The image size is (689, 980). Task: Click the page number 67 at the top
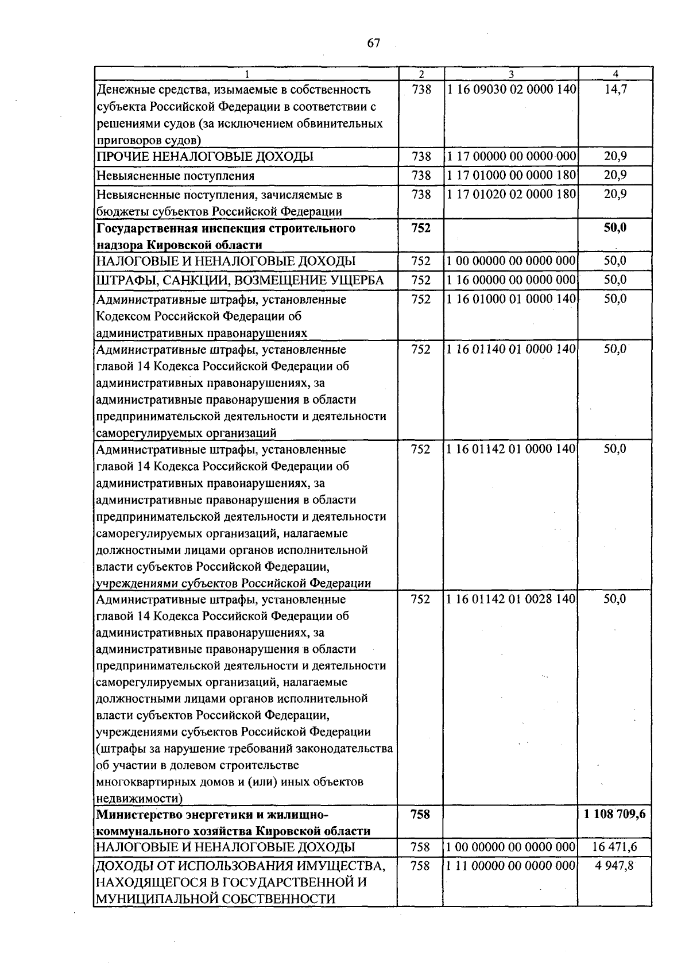[x=373, y=44]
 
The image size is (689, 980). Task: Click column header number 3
[x=511, y=74]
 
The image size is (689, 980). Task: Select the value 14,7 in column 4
[x=615, y=90]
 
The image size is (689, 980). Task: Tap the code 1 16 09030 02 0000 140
[x=511, y=90]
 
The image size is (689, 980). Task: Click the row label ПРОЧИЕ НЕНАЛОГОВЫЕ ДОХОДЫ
[x=205, y=157]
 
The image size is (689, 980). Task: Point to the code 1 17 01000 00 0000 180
[x=511, y=175]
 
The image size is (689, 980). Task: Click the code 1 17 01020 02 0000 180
[x=511, y=194]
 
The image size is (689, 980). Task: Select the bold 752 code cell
[x=421, y=228]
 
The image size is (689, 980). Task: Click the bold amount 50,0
[x=615, y=228]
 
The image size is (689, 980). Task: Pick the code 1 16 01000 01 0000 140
[x=511, y=299]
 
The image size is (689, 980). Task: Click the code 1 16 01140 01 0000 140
[x=511, y=349]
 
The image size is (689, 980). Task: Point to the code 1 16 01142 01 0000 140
[x=511, y=449]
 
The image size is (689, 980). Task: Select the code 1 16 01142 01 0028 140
[x=511, y=599]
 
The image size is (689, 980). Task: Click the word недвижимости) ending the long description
[x=140, y=799]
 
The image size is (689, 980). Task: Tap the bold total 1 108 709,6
[x=615, y=814]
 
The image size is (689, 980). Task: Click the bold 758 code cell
[x=421, y=814]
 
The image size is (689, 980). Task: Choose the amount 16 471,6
[x=615, y=847]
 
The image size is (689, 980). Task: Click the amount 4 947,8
[x=615, y=866]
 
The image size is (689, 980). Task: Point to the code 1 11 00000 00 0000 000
[x=511, y=866]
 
